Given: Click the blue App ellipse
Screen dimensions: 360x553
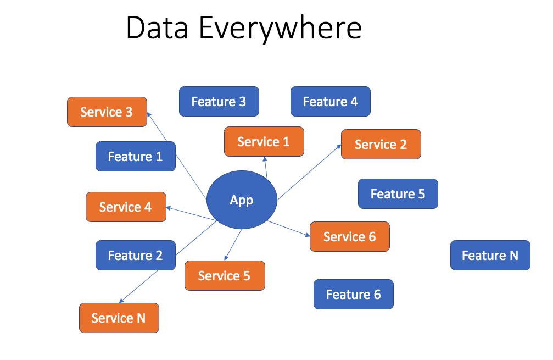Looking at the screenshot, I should pyautogui.click(x=242, y=200).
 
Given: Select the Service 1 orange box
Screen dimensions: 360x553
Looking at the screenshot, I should pyautogui.click(x=264, y=142).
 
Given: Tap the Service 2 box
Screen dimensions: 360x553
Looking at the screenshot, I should pyautogui.click(x=381, y=145).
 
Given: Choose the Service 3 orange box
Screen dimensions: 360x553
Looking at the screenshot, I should pyautogui.click(x=107, y=112).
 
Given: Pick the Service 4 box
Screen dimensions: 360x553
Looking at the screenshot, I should pyautogui.click(x=126, y=207).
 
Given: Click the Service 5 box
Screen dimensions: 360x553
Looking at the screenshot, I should pyautogui.click(x=225, y=276).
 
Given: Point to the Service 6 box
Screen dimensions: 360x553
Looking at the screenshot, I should pyautogui.click(x=350, y=237).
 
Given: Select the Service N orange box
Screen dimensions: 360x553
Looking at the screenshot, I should pyautogui.click(x=119, y=318).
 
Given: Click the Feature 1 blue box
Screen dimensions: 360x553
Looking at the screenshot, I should pyautogui.click(x=136, y=157).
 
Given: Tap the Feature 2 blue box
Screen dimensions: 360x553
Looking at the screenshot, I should pyautogui.click(x=136, y=256).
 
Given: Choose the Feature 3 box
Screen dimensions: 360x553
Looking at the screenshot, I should pyautogui.click(x=219, y=102).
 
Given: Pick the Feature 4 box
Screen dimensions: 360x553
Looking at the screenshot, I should pyautogui.click(x=330, y=102).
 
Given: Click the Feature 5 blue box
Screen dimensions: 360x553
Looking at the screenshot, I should pyautogui.click(x=398, y=194).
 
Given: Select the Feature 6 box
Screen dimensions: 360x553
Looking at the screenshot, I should pyautogui.click(x=353, y=295).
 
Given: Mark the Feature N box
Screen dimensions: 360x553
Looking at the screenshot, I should pyautogui.click(x=490, y=256).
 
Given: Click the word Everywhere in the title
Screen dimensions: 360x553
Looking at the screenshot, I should pyautogui.click(x=280, y=29).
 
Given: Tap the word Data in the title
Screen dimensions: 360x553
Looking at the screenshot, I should pyautogui.click(x=159, y=29).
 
